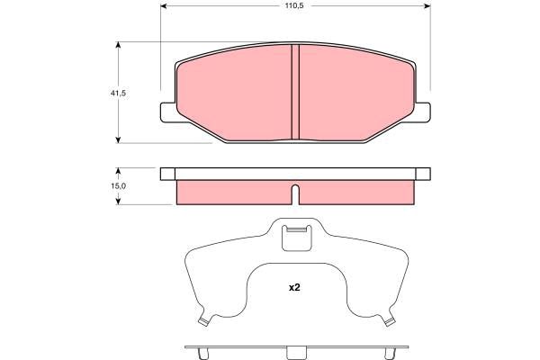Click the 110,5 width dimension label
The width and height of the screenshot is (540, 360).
click(x=293, y=6)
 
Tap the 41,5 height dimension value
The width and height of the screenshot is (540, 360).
click(x=118, y=93)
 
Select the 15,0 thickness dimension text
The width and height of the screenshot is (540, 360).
click(x=118, y=186)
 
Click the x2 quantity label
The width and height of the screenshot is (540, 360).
click(x=294, y=287)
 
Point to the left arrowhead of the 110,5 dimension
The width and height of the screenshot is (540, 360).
click(x=164, y=6)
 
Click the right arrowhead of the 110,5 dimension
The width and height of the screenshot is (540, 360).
click(x=427, y=6)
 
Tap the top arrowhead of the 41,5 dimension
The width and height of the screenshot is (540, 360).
click(x=118, y=45)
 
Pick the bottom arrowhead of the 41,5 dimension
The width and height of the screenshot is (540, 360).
click(x=118, y=139)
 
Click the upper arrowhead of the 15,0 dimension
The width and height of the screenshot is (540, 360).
click(x=118, y=171)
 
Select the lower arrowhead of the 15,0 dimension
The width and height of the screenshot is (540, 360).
click(x=118, y=202)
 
